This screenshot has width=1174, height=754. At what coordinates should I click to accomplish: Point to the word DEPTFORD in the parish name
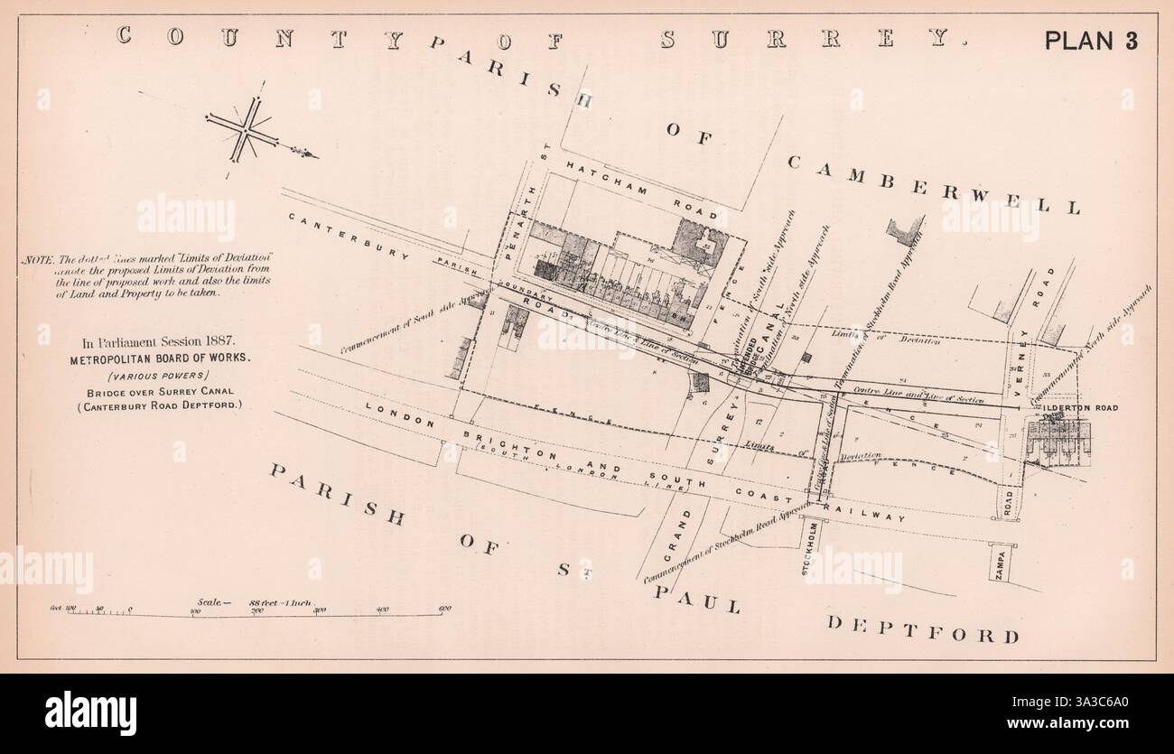[923, 628]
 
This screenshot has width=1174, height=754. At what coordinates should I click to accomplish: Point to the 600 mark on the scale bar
[444, 609]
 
